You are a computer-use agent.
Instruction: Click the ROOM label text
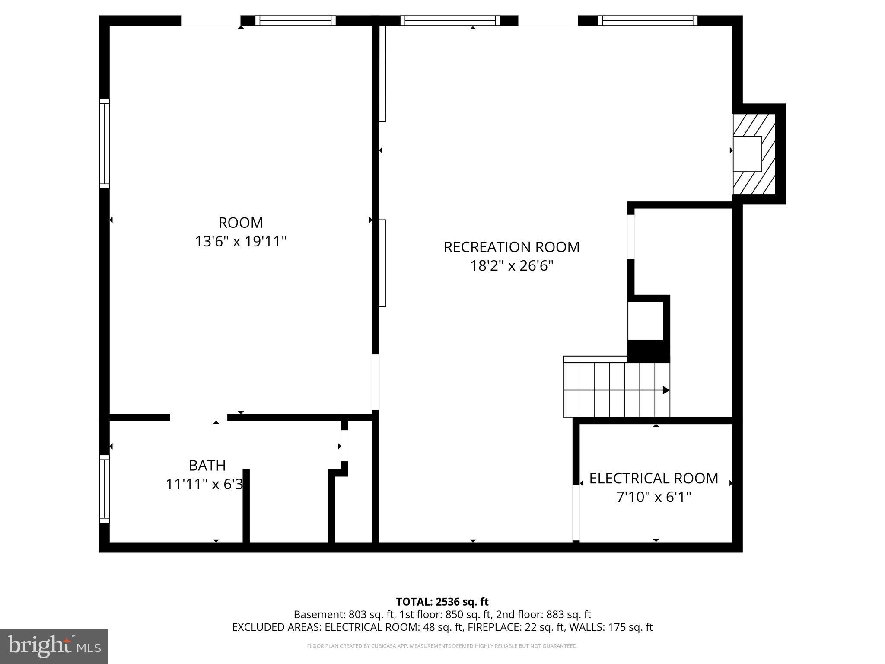(241, 223)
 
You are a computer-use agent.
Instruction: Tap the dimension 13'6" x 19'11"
(241, 241)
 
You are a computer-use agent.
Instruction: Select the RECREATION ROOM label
(511, 247)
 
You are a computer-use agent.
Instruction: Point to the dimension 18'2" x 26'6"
(511, 265)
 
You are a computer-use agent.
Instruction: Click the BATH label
(207, 465)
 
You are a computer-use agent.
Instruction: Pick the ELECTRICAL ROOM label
(653, 478)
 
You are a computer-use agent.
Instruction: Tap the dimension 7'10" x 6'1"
(653, 497)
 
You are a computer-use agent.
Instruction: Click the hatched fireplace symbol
(754, 154)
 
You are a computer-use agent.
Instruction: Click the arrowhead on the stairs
(666, 390)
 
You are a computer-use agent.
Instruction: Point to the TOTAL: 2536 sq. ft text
(442, 602)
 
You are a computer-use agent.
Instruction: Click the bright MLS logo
(54, 646)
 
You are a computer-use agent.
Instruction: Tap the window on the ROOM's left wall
(104, 144)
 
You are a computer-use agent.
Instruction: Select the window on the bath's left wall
(104, 488)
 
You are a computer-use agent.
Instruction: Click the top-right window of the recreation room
(647, 20)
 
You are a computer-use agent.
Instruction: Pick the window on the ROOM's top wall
(295, 20)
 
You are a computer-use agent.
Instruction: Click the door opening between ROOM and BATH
(198, 418)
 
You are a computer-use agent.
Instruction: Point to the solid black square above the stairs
(648, 351)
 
